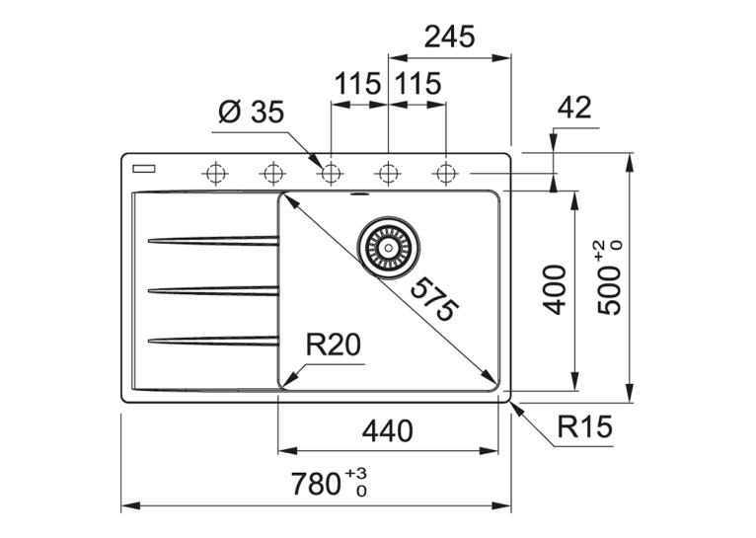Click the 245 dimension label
click(x=449, y=37)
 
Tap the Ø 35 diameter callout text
click(x=252, y=113)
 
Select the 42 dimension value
click(x=573, y=108)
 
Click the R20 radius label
click(x=334, y=346)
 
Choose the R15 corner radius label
click(x=584, y=426)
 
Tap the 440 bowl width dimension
click(x=388, y=430)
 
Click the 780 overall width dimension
click(x=329, y=484)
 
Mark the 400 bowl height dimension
click(x=554, y=289)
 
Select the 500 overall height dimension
click(x=609, y=278)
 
